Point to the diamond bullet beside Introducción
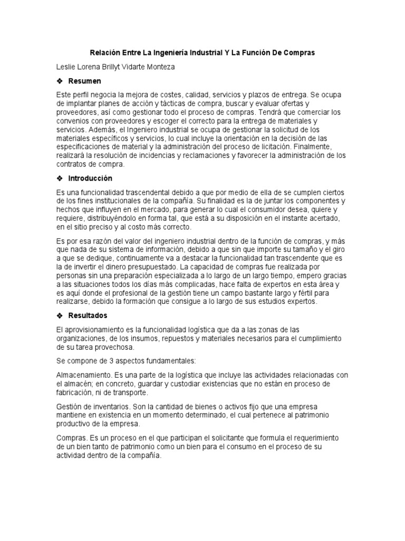tap(60, 178)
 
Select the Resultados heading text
tap(88, 315)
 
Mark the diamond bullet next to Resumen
tap(60, 81)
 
